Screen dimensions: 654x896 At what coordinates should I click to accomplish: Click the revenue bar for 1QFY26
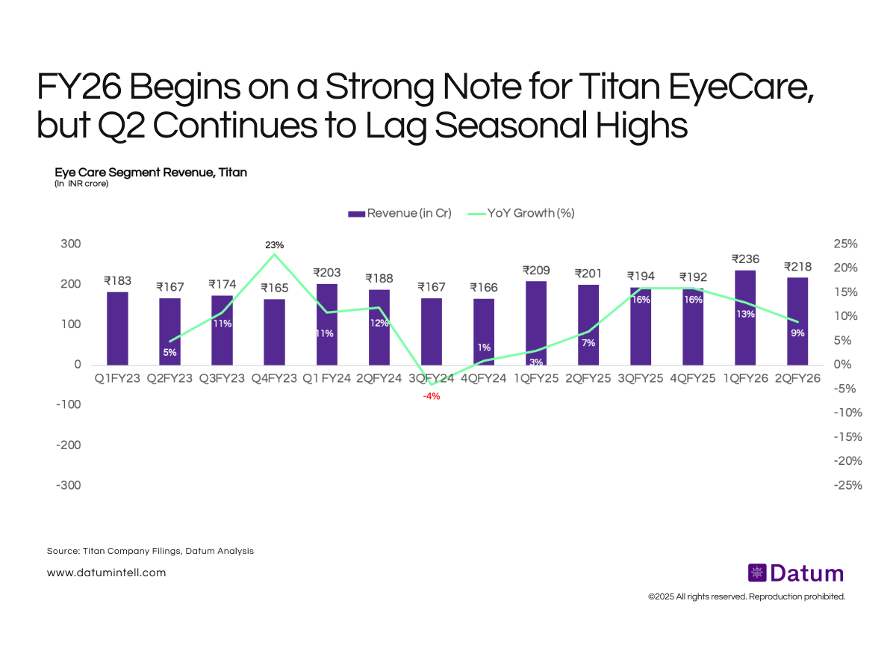(745, 318)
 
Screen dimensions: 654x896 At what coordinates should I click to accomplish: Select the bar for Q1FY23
(117, 328)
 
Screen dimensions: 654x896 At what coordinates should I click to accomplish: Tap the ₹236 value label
(745, 259)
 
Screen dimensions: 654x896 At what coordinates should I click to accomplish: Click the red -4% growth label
(432, 396)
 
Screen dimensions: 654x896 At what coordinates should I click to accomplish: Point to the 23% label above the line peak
(275, 245)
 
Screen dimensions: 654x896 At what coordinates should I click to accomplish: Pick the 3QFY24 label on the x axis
(432, 379)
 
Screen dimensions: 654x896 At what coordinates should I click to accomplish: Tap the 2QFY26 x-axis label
(797, 379)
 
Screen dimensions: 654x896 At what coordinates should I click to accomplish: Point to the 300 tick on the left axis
(72, 244)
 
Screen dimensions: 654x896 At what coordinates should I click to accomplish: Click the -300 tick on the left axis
(68, 485)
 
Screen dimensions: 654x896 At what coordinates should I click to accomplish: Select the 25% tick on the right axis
(847, 244)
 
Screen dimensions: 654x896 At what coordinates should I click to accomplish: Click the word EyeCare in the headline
(718, 89)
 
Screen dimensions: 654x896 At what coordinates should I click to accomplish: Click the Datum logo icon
(756, 573)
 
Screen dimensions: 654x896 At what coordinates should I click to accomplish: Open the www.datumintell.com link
(106, 573)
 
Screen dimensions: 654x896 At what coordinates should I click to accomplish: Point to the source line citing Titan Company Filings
(150, 551)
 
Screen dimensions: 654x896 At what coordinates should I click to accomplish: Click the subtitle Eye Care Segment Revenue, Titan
(151, 173)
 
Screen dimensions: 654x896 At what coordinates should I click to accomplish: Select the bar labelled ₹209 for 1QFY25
(536, 323)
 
